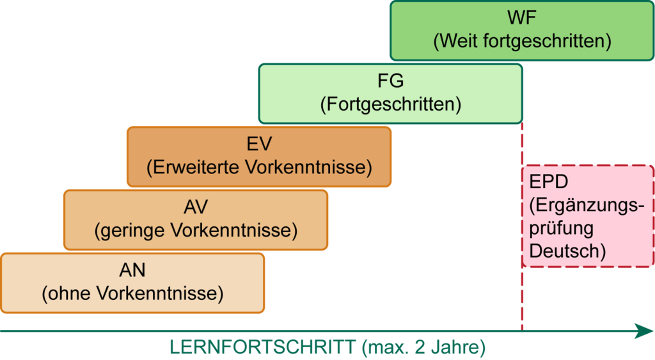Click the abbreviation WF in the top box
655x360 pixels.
522,17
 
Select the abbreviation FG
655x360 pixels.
390,81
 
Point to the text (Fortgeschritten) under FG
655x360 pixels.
390,104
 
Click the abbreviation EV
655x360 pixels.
259,144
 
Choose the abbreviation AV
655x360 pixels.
196,207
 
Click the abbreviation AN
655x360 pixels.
132,270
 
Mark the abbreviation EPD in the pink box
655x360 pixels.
549,182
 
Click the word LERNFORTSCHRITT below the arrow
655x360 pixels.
262,348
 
